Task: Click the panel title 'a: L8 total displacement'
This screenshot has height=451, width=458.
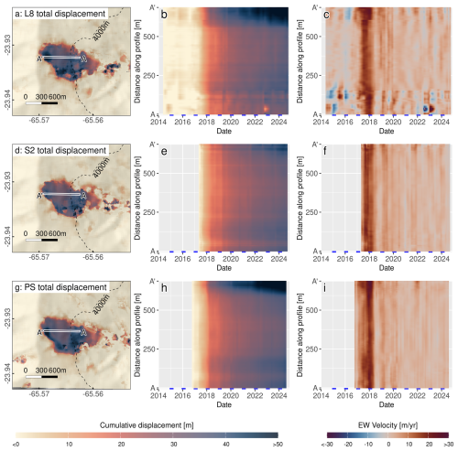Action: (60, 14)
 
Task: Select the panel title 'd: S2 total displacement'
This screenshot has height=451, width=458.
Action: (60, 150)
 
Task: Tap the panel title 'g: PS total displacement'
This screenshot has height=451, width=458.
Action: (60, 287)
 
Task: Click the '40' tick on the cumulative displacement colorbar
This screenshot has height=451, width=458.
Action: (226, 444)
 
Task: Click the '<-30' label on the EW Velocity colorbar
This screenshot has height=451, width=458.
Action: (327, 444)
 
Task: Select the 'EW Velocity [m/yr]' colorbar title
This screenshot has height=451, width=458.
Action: (387, 425)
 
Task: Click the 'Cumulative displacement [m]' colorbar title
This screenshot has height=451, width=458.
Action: (147, 425)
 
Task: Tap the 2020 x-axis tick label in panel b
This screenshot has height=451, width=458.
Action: (231, 122)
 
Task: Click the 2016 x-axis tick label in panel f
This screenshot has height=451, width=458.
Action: (345, 259)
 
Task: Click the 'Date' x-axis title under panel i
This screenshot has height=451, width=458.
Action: (387, 404)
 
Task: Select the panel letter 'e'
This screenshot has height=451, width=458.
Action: (164, 151)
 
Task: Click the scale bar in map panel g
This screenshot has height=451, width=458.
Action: (41, 377)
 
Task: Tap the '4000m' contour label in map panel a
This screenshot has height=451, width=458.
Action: (101, 31)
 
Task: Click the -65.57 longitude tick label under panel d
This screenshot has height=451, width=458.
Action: (39, 257)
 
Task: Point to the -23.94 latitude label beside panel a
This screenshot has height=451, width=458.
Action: (7, 100)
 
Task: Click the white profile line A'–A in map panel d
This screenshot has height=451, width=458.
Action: (62, 194)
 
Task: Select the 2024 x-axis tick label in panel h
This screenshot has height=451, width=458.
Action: (279, 396)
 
